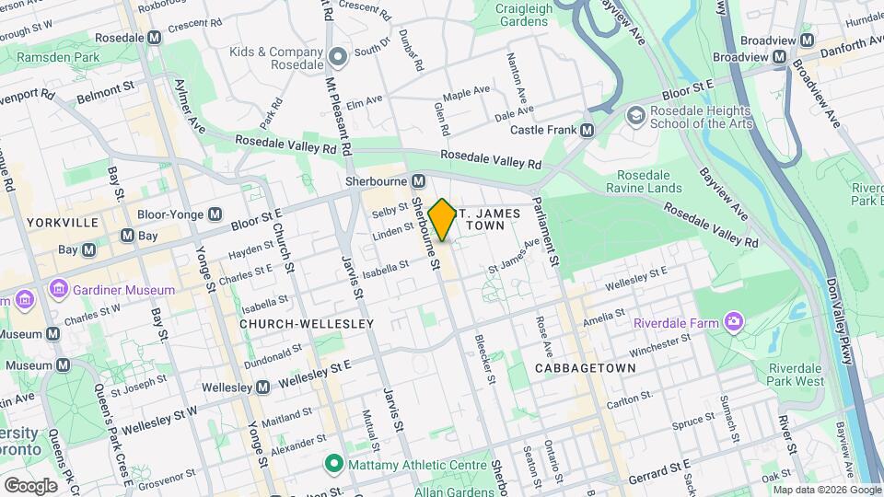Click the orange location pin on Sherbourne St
pos(442,220)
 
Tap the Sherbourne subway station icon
pos(418,180)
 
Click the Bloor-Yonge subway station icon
pos(215,214)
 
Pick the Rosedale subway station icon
pos(154,37)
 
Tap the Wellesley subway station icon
pos(262,387)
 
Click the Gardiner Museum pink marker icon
pos(60,290)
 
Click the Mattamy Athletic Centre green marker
pos(334,465)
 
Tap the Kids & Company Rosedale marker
pos(338,57)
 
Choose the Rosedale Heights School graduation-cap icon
pos(635,115)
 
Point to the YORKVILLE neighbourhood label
pos(63,223)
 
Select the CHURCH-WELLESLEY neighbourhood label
pos(307,324)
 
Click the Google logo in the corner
pos(30,485)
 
